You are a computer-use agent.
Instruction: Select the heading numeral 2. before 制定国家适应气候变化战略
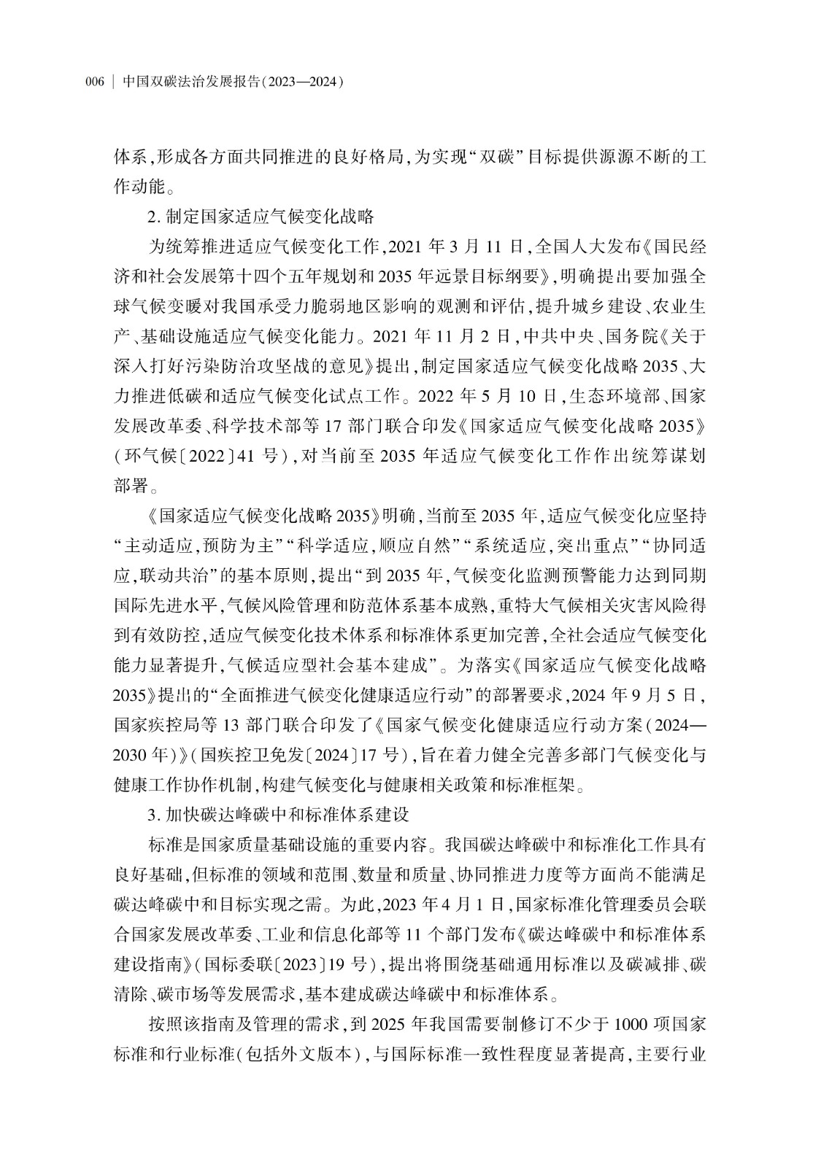tap(153, 217)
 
